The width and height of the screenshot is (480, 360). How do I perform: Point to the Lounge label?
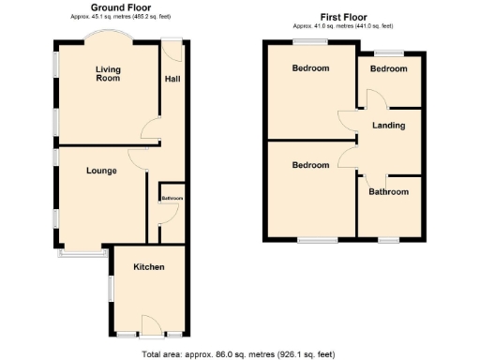point(100,171)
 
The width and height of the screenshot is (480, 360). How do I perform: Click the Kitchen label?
point(148,267)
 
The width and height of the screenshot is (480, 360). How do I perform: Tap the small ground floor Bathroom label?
point(172,199)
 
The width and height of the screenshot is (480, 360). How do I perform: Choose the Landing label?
point(388,125)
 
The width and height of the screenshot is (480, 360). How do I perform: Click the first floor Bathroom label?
point(388,192)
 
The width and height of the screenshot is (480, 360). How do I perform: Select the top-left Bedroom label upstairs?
point(310,68)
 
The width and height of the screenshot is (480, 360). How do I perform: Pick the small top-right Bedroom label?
point(388,68)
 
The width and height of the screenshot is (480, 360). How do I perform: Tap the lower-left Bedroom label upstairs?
point(310,165)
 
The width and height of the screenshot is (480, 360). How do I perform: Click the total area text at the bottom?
point(238,354)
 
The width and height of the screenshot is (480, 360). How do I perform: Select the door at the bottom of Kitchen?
point(150,332)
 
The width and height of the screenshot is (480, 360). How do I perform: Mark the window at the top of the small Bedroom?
point(388,52)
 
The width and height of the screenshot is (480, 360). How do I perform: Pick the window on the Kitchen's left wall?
point(112,289)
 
